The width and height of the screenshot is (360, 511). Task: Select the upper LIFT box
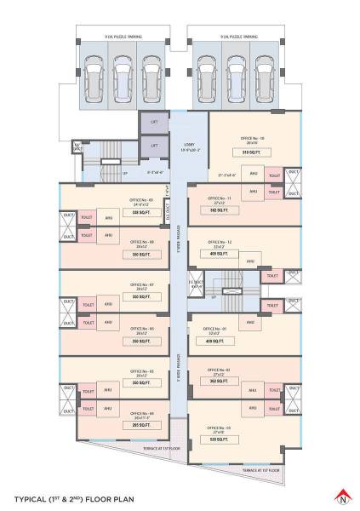coord(154,123)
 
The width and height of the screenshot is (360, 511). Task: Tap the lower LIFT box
coord(154,146)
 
